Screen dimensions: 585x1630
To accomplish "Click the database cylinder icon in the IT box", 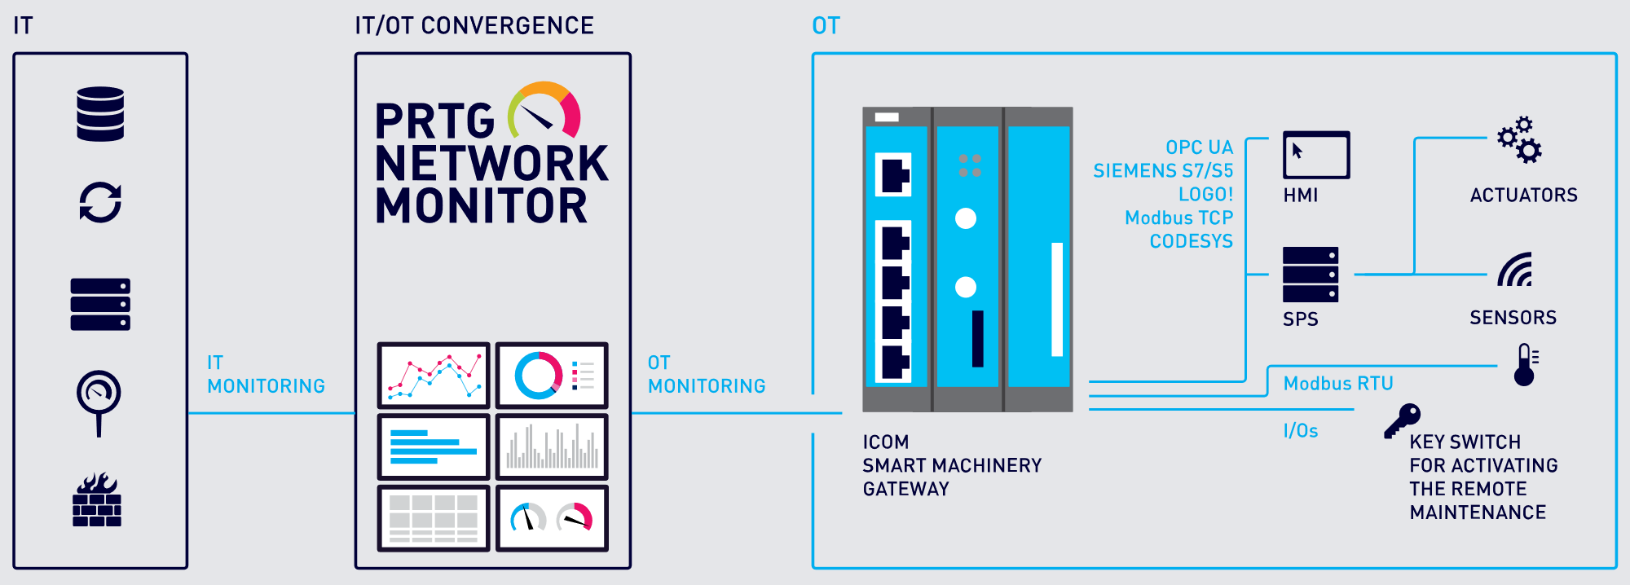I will (x=100, y=114).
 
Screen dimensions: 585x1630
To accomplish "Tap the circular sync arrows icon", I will (x=100, y=201).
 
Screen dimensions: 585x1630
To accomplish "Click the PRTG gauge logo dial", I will (x=544, y=112).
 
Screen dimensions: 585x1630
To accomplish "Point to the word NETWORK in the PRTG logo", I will (x=491, y=164).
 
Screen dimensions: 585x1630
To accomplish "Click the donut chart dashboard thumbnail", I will (x=552, y=376).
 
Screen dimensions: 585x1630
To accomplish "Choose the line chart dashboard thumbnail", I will (x=434, y=376).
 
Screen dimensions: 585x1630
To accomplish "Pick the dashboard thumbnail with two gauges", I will (x=552, y=518).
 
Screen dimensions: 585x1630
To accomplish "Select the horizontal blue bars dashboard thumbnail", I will (x=434, y=446).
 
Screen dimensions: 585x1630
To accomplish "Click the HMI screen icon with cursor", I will (x=1316, y=155).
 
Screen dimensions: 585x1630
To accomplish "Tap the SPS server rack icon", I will (x=1310, y=275).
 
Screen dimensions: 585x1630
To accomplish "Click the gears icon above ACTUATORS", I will (x=1519, y=140).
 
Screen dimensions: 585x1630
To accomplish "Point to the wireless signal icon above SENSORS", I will (x=1516, y=270).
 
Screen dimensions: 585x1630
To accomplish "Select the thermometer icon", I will (x=1525, y=364).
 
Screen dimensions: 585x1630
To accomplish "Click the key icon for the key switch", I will (x=1403, y=420).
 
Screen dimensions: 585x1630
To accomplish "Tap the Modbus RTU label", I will (x=1338, y=383).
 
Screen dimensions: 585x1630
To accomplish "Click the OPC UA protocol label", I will (x=1199, y=147).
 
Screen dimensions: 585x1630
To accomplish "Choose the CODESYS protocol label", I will (x=1191, y=241).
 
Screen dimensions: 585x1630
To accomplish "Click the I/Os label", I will (x=1301, y=430).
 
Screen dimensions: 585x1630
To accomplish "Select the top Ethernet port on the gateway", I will (x=893, y=174).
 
